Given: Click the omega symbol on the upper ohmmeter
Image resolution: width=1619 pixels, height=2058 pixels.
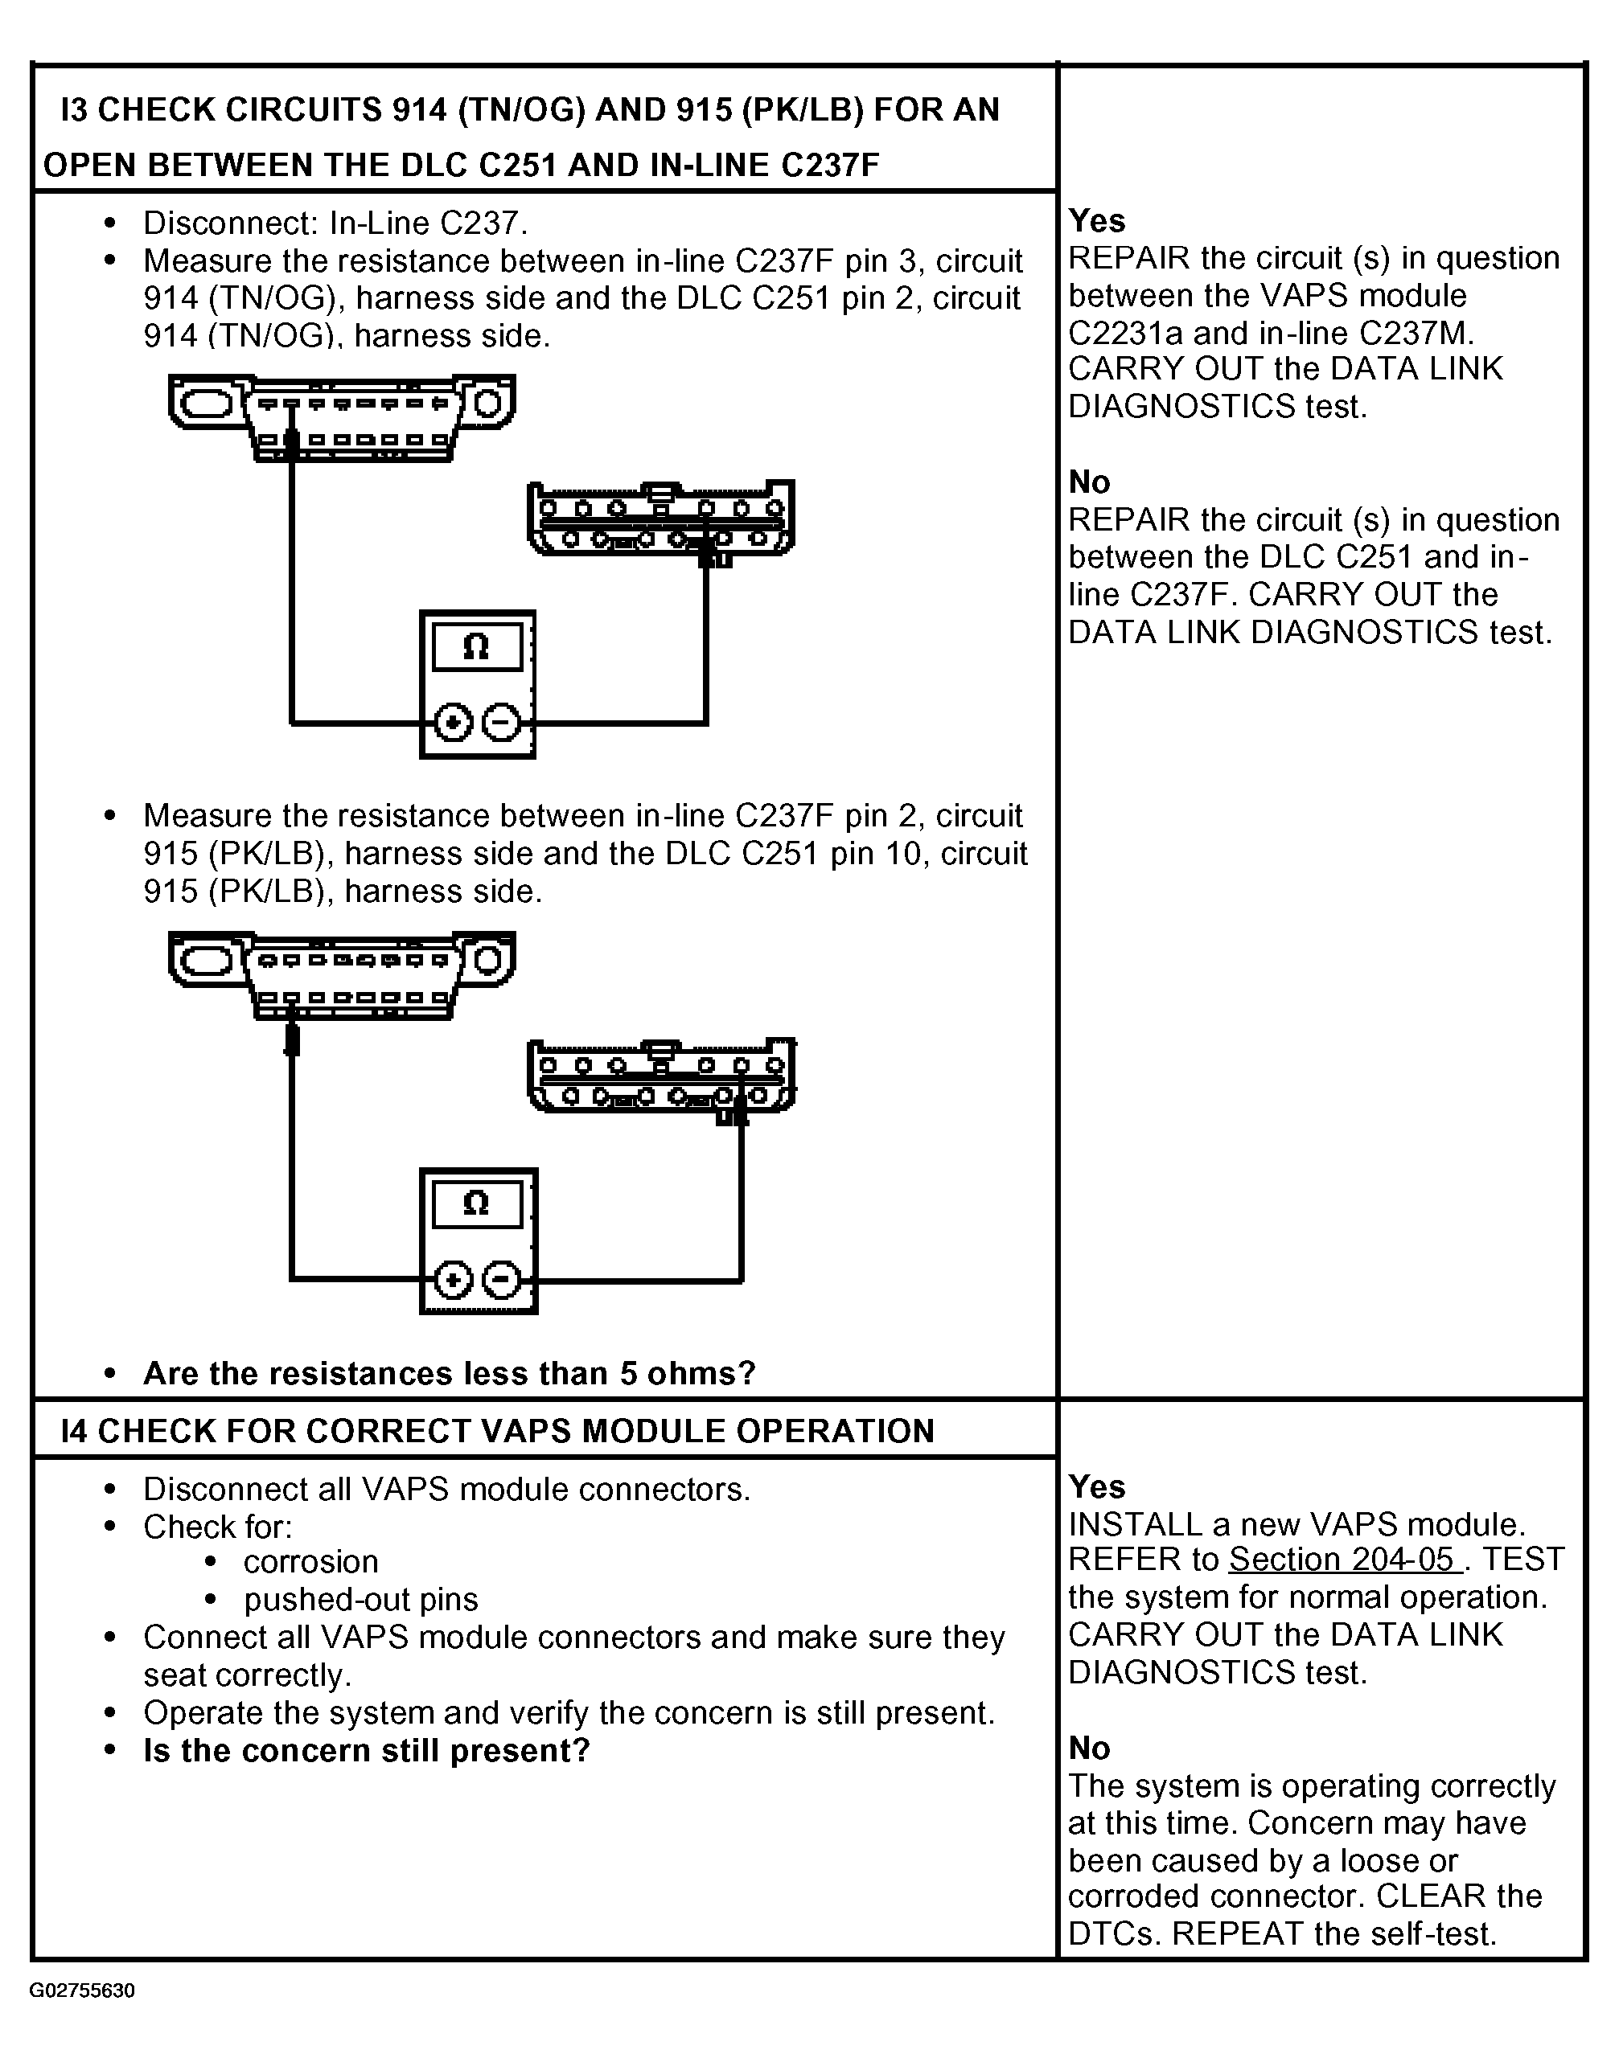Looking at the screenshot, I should [x=476, y=647].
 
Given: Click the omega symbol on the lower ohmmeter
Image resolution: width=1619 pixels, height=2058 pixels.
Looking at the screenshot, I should [x=476, y=1203].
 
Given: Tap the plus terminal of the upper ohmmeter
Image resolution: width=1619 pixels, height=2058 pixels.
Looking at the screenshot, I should [x=453, y=724].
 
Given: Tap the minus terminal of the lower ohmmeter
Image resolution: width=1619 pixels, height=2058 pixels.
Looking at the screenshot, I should [x=501, y=1281].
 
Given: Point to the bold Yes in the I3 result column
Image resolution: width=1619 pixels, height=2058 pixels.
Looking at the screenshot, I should [x=1097, y=221].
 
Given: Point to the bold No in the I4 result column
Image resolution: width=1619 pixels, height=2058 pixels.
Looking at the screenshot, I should [x=1089, y=1747].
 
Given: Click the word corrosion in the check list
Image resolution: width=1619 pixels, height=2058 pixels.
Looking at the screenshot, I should [x=311, y=1561].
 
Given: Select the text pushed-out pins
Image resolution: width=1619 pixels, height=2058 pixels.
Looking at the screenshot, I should [x=360, y=1600].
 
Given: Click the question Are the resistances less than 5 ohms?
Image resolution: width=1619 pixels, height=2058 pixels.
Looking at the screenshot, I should [x=450, y=1373].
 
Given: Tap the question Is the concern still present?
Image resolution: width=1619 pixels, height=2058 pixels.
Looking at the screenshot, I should [x=367, y=1750].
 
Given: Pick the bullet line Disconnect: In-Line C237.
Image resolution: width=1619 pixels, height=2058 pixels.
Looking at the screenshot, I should [x=335, y=223].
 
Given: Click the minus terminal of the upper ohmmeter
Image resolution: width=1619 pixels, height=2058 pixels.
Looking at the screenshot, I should [x=501, y=724].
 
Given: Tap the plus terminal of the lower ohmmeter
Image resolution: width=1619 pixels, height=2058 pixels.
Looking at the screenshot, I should [x=453, y=1281].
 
